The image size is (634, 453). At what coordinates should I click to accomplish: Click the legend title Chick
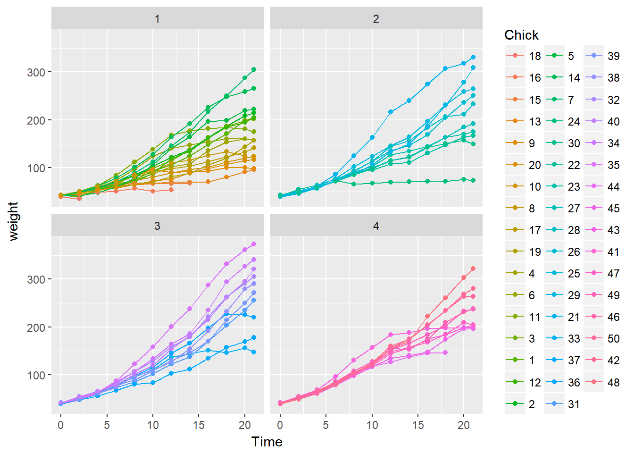(521, 35)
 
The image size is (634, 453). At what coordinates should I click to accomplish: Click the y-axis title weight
(14, 221)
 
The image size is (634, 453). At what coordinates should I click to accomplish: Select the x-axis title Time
(267, 442)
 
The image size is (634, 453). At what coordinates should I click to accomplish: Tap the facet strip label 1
(157, 19)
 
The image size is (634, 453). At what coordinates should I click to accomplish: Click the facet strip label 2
(376, 19)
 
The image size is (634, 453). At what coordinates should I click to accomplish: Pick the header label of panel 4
(376, 226)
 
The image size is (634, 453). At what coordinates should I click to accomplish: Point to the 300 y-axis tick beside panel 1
(36, 72)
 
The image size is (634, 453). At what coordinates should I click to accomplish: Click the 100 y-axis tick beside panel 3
(36, 376)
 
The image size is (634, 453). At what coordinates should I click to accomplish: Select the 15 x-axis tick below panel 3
(199, 425)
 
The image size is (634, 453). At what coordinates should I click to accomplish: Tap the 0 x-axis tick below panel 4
(280, 425)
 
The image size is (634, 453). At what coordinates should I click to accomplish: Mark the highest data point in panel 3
(254, 244)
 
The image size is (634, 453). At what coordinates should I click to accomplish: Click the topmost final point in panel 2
(473, 57)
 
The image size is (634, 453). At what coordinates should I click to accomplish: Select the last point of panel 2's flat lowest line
(473, 180)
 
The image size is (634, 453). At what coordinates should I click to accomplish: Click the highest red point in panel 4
(473, 268)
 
